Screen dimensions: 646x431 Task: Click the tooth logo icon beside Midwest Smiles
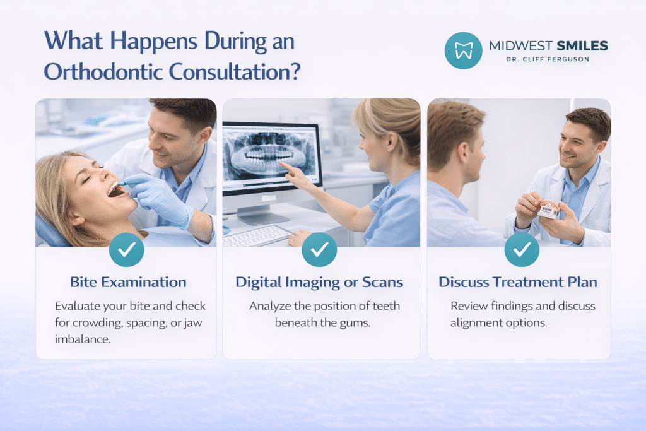point(463,50)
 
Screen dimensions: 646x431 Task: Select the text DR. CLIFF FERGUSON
point(548,59)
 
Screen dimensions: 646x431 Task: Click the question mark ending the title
point(295,72)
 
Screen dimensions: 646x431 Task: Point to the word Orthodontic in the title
point(103,72)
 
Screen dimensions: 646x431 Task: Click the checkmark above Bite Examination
point(126,249)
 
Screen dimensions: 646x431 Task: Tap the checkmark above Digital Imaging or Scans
point(319,249)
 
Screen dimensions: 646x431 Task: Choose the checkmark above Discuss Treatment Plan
point(522,249)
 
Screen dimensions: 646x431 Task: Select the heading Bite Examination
point(128,282)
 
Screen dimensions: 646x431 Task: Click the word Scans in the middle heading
point(382,282)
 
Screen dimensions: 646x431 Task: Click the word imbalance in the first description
point(83,339)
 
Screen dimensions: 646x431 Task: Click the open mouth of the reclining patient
point(117,189)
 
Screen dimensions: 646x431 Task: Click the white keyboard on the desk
point(255,236)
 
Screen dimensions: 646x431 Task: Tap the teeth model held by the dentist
point(548,210)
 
